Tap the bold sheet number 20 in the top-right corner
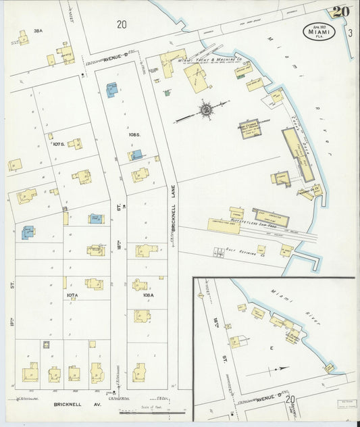tap(340, 11)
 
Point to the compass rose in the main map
tap(204, 109)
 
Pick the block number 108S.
tap(134, 135)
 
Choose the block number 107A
tap(72, 295)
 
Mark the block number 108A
tap(147, 295)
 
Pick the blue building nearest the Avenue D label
tap(111, 91)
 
